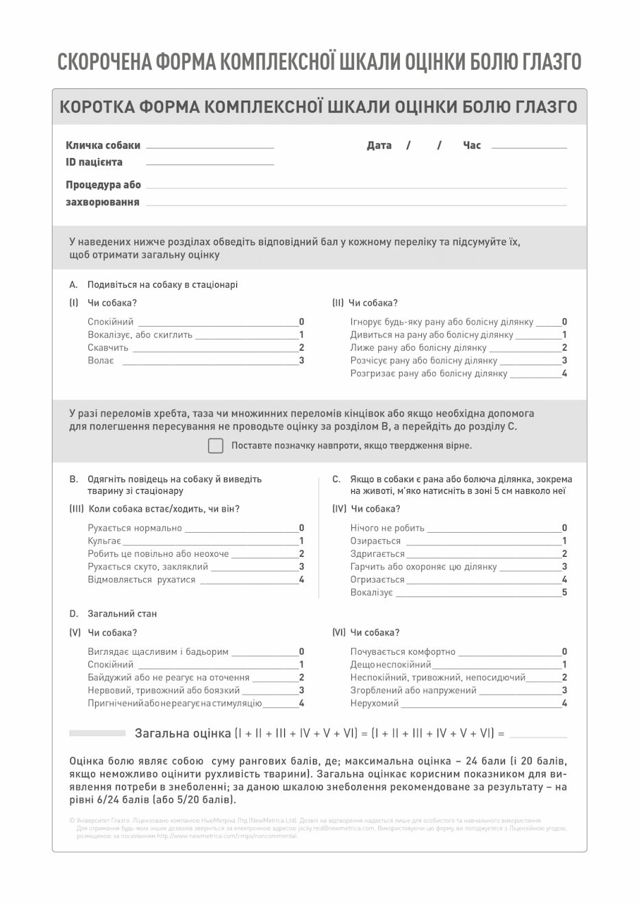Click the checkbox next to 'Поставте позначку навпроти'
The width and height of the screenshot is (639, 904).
(216, 446)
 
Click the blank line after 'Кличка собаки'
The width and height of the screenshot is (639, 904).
(210, 146)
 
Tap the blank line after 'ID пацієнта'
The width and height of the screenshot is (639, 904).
(210, 163)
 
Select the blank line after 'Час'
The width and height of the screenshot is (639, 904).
(529, 146)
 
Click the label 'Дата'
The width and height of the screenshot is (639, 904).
(379, 145)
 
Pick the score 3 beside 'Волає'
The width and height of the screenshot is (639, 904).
(301, 361)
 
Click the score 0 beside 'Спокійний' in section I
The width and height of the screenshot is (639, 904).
(301, 322)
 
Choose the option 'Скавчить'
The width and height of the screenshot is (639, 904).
(108, 348)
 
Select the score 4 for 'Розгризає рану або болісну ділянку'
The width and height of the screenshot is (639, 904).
(564, 374)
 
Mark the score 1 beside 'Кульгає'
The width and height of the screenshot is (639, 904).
(301, 541)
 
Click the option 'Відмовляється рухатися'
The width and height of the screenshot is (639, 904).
(141, 580)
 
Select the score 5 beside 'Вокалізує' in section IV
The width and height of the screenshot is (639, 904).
(564, 592)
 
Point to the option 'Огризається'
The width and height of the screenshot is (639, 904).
(377, 580)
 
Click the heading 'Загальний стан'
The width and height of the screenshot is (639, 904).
(122, 614)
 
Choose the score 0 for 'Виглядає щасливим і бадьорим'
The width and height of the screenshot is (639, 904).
(301, 652)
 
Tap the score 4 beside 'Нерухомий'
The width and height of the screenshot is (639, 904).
(564, 703)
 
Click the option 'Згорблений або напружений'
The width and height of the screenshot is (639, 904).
(413, 690)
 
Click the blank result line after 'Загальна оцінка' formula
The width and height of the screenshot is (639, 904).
(538, 734)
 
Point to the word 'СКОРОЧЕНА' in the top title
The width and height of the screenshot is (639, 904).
(103, 62)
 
